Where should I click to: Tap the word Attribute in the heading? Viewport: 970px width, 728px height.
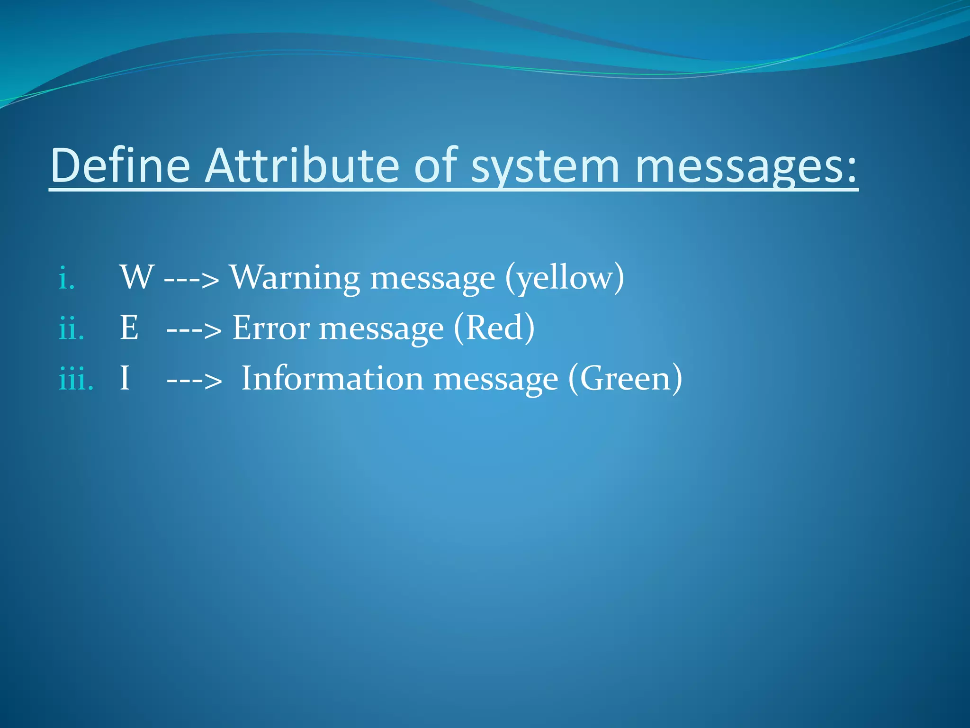point(303,165)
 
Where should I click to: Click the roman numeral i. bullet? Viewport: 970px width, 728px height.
point(67,278)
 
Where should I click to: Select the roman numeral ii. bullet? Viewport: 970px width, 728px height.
point(72,328)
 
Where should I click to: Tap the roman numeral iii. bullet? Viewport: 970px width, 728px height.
point(76,379)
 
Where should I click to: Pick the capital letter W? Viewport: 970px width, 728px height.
point(137,277)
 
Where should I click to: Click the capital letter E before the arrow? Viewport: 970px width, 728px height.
point(129,328)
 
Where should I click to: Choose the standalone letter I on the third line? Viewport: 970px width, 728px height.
point(125,378)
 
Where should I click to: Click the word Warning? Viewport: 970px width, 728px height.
point(295,278)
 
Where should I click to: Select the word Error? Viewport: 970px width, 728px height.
point(271,328)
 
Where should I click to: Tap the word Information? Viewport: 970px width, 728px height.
point(332,378)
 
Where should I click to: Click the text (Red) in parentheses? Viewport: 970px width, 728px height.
point(494,328)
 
